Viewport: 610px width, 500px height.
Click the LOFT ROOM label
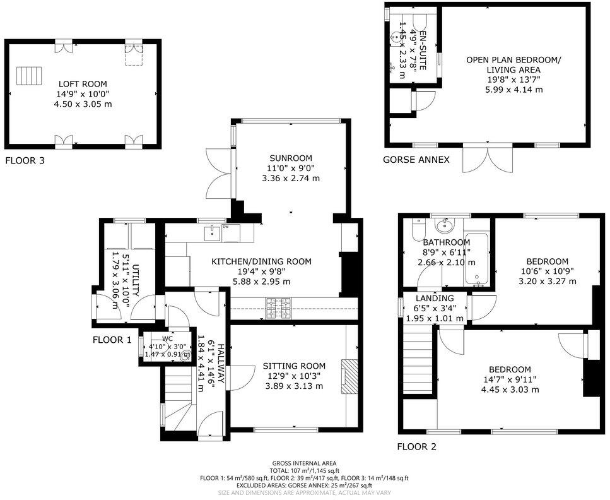click(83, 84)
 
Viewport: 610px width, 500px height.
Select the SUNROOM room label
click(291, 158)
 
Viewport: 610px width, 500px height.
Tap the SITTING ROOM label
click(294, 366)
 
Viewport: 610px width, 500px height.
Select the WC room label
click(167, 338)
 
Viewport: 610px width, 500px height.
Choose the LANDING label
click(435, 299)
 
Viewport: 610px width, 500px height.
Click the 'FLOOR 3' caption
click(25, 161)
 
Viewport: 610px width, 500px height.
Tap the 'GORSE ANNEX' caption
click(416, 160)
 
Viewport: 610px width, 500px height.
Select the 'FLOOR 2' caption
click(416, 447)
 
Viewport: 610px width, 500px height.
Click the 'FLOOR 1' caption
click(112, 340)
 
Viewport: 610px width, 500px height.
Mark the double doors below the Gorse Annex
click(483, 158)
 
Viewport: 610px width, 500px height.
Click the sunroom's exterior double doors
click(219, 171)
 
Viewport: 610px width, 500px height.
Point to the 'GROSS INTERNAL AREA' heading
click(304, 463)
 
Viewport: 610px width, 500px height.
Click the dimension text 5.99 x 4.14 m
click(513, 90)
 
